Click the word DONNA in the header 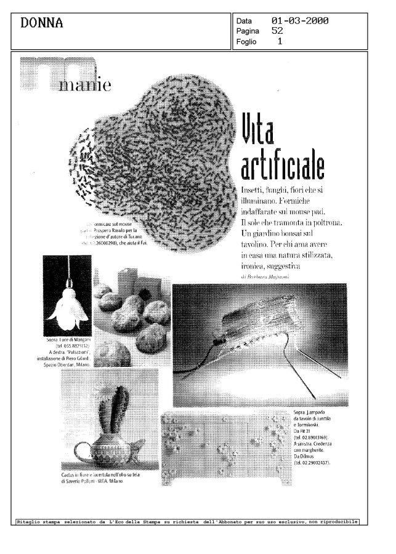[x=42, y=23]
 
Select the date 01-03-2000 [x=299, y=21]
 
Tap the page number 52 [x=277, y=30]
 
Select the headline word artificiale [x=282, y=165]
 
